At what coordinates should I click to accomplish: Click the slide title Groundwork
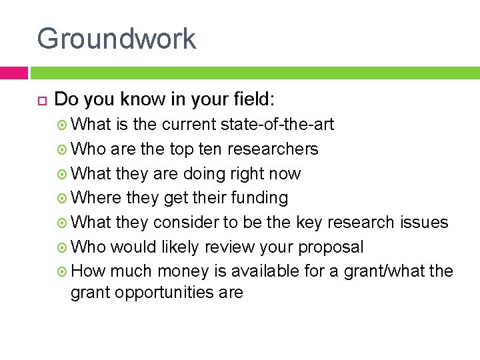117,39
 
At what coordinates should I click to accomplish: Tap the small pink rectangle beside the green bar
13,73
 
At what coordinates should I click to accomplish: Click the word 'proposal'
331,247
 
